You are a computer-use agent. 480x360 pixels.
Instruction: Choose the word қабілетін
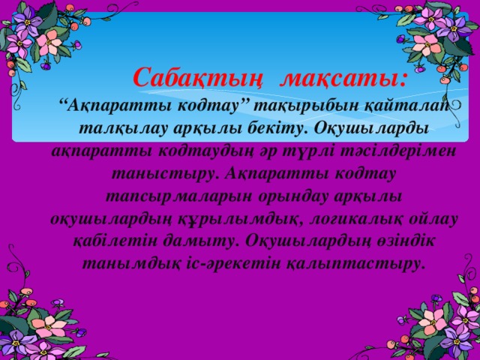pos(110,242)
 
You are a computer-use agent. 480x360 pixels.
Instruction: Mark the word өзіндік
pos(394,242)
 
